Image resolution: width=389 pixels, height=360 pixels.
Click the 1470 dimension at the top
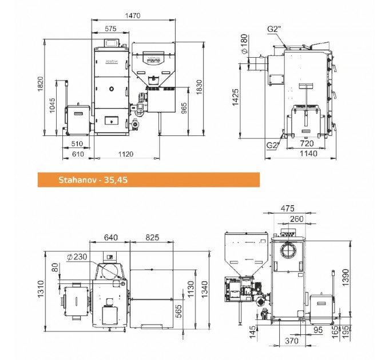pyautogui.click(x=133, y=15)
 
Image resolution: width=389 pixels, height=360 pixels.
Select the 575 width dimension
pyautogui.click(x=110, y=29)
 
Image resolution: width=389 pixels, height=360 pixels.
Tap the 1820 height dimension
pyautogui.click(x=40, y=84)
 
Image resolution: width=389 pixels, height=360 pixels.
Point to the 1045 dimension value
pyautogui.click(x=53, y=105)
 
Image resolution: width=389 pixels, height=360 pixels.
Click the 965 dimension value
pyautogui.click(x=184, y=108)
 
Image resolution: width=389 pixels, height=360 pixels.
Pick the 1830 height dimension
pyautogui.click(x=199, y=87)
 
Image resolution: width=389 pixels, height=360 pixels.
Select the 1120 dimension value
pyautogui.click(x=125, y=154)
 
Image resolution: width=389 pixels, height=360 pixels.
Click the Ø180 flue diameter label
pyautogui.click(x=244, y=44)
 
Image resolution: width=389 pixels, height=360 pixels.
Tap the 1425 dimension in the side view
pyautogui.click(x=235, y=97)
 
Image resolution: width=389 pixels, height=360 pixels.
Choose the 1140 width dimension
pyautogui.click(x=308, y=154)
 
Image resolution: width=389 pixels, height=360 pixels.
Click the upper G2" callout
pyautogui.click(x=274, y=29)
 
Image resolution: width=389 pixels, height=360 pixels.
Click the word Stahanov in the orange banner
pyautogui.click(x=77, y=179)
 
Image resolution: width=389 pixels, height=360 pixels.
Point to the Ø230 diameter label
pyautogui.click(x=77, y=257)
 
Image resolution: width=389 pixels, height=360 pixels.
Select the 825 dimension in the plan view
pyautogui.click(x=152, y=238)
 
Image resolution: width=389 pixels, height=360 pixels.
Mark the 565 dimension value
pyautogui.click(x=178, y=311)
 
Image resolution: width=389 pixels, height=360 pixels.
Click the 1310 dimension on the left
pyautogui.click(x=40, y=289)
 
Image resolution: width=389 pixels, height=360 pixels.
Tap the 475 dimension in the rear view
pyautogui.click(x=287, y=209)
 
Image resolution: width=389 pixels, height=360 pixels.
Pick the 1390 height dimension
pyautogui.click(x=346, y=277)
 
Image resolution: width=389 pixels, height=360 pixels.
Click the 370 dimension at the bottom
pyautogui.click(x=292, y=341)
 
